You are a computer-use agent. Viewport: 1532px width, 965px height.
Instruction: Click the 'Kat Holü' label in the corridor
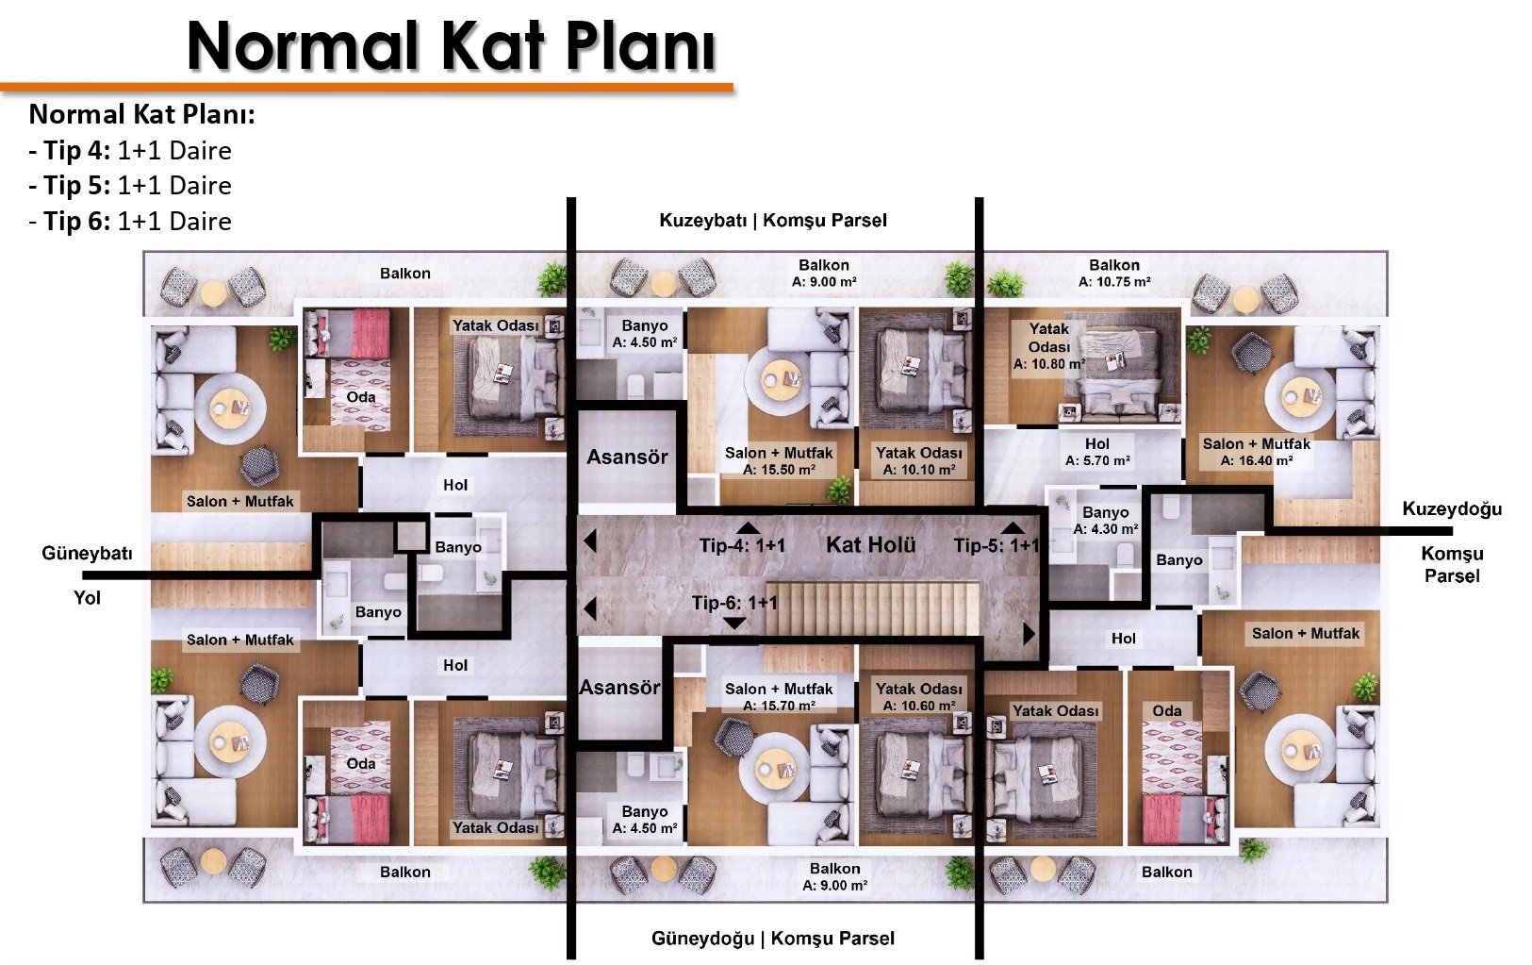click(870, 545)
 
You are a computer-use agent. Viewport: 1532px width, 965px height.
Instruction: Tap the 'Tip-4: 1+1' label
click(742, 545)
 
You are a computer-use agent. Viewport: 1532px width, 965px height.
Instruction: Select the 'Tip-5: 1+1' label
click(997, 545)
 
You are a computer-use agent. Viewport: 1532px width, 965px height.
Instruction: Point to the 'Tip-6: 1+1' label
click(734, 603)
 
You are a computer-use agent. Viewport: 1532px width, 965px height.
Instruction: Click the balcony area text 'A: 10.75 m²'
click(1114, 282)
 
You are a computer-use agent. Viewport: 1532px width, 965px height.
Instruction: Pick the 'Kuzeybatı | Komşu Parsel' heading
click(773, 221)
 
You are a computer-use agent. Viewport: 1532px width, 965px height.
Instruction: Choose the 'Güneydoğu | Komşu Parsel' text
click(773, 939)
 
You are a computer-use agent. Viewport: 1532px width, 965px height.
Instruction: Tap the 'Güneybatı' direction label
click(87, 553)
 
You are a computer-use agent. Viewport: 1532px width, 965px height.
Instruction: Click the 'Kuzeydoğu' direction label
click(1452, 509)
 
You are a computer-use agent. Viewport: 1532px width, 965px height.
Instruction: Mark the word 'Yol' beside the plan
click(87, 598)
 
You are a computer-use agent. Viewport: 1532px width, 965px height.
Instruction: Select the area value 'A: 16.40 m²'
click(1257, 460)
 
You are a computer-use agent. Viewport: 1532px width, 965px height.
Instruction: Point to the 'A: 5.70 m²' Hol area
click(1097, 460)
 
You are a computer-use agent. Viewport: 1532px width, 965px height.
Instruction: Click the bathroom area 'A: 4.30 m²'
click(1105, 529)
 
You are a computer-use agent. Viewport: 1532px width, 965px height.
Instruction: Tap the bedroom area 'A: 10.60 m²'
click(918, 706)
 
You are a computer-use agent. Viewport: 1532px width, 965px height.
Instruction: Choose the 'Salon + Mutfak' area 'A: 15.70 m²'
click(779, 706)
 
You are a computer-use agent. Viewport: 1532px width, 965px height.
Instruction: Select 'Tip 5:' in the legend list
click(76, 186)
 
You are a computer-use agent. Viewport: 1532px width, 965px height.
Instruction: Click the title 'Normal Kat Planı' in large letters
click(452, 46)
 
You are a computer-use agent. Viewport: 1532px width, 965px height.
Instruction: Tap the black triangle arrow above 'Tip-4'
click(748, 527)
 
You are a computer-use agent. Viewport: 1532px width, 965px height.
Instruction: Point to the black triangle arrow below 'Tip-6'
click(734, 623)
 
